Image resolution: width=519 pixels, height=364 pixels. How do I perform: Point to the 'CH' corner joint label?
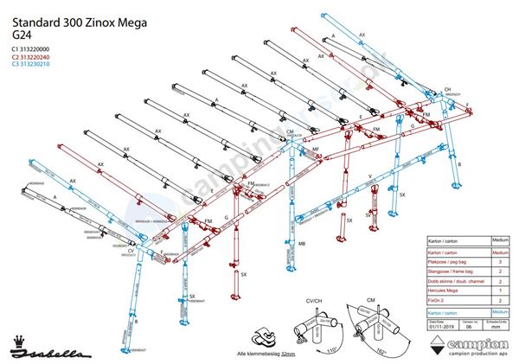[x=447, y=90]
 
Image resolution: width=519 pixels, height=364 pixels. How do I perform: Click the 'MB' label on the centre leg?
[x=301, y=245]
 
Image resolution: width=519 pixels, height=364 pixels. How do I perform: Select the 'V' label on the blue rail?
[x=369, y=176]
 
